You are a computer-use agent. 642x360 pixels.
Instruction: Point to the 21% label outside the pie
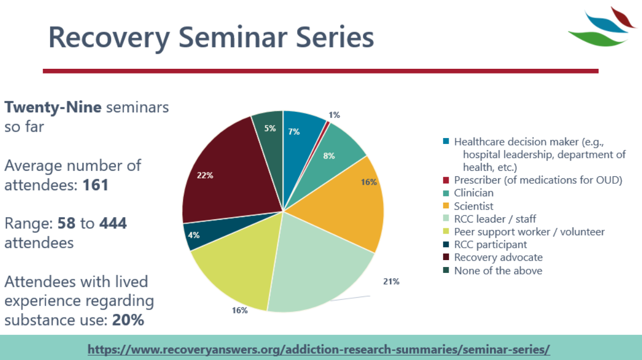(391, 282)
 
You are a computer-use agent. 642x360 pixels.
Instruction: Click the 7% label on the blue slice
(294, 132)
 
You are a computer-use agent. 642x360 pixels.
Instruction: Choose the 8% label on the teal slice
(329, 156)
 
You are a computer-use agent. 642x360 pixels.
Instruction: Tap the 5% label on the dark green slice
(270, 128)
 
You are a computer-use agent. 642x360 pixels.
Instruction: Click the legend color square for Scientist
(446, 206)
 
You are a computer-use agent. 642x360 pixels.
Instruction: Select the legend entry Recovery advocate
(498, 257)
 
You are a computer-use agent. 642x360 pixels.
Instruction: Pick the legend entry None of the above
(498, 271)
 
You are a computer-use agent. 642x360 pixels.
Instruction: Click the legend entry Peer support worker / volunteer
(529, 232)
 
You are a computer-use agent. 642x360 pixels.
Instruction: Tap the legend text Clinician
(473, 193)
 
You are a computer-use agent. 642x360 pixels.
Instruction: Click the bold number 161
(96, 185)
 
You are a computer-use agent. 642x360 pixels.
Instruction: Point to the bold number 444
(113, 223)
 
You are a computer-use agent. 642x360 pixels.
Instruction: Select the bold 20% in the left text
(128, 320)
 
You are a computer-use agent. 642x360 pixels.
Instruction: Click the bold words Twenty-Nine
(53, 107)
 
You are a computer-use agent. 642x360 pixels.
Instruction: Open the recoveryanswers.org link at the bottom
(319, 348)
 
